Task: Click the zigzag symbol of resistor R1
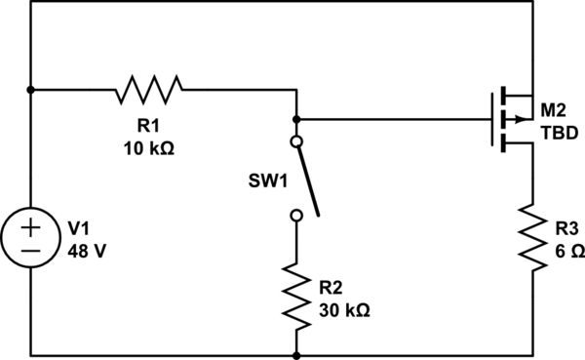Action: [149, 91]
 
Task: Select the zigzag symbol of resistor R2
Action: [296, 294]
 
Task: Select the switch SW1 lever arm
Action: [307, 179]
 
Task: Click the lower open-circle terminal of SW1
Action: [296, 215]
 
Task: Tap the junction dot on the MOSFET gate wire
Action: [296, 120]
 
